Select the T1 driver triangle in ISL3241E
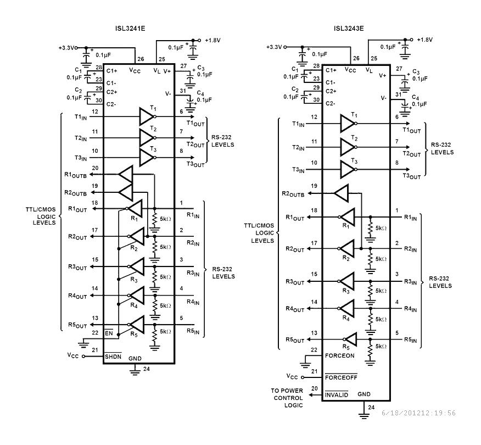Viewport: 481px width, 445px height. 146,117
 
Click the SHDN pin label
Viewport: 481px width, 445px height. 113,356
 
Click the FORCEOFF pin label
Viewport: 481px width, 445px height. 343,377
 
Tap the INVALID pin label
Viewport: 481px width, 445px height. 337,394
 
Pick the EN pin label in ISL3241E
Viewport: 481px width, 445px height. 109,333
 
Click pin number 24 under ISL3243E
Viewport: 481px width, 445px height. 372,408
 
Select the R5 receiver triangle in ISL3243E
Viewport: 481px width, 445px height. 350,340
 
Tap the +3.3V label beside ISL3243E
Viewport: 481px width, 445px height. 273,47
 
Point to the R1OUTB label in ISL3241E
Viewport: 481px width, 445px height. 76,176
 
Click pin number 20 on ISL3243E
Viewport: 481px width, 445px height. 314,388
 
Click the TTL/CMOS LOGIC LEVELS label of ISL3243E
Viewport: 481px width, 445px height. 259,233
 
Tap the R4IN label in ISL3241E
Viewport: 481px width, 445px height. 193,302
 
